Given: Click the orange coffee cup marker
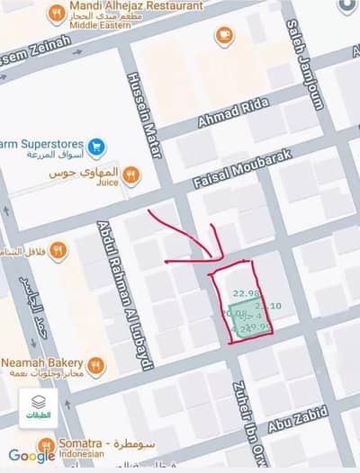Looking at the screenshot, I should tap(224, 35).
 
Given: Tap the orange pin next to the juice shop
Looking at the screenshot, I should tap(131, 174).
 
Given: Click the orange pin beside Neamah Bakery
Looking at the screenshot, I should tap(95, 364).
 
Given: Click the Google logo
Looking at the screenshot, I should tap(31, 456).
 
